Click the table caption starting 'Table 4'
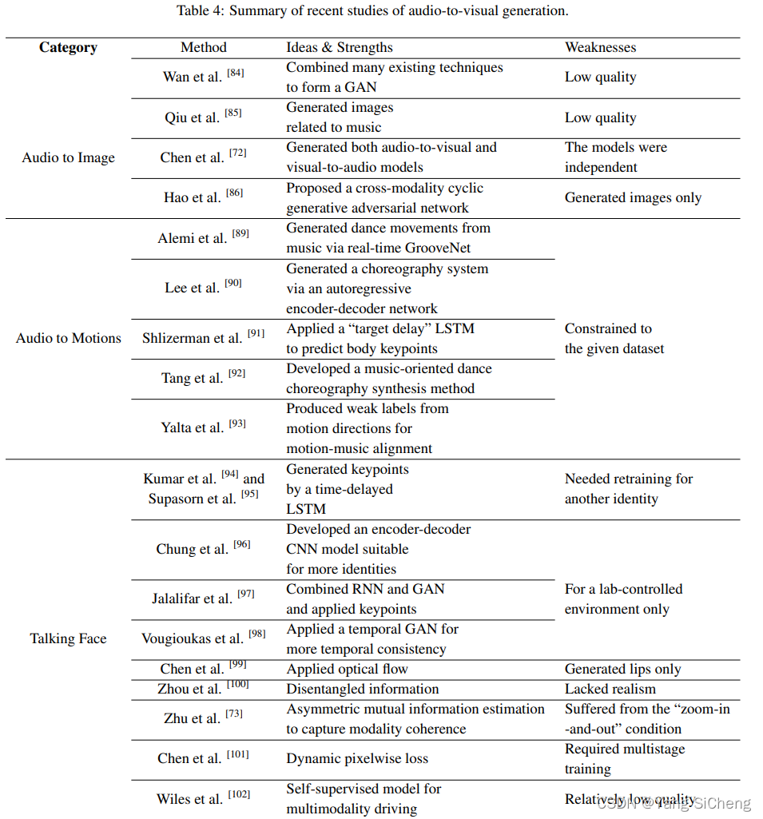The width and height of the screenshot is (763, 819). [x=372, y=11]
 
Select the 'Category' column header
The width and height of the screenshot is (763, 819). [x=68, y=48]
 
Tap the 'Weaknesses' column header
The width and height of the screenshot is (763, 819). [x=600, y=48]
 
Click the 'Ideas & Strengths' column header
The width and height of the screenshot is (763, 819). [x=340, y=48]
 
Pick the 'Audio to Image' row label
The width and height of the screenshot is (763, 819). [x=68, y=158]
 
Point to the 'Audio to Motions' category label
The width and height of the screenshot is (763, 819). [x=68, y=339]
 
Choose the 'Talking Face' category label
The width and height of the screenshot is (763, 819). [x=68, y=639]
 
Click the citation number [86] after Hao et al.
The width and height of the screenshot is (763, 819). [x=234, y=193]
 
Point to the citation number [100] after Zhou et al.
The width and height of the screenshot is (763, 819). [x=237, y=684]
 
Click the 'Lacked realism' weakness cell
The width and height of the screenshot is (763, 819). [x=610, y=690]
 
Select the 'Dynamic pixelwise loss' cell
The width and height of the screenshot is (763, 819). [x=357, y=759]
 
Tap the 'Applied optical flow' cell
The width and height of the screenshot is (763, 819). [x=348, y=670]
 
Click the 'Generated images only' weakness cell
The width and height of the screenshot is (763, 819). [x=633, y=198]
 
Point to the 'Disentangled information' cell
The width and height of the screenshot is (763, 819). [x=363, y=690]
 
